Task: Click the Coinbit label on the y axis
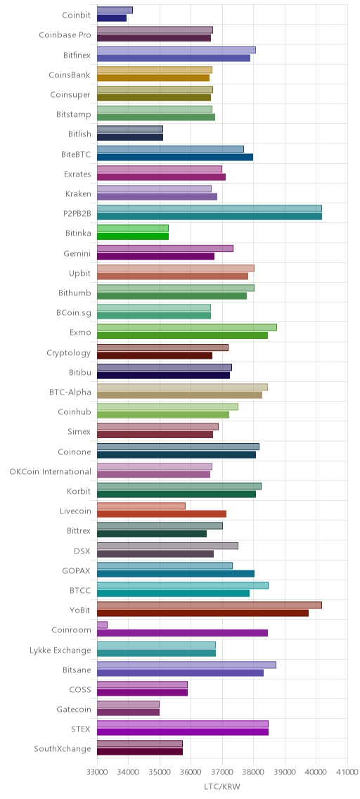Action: pyautogui.click(x=77, y=15)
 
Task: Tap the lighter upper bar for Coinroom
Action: pyautogui.click(x=102, y=625)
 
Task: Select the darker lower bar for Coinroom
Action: pyautogui.click(x=182, y=633)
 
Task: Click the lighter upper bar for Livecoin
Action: pyautogui.click(x=141, y=506)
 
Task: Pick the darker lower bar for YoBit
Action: pyautogui.click(x=202, y=613)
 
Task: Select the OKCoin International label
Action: pyautogui.click(x=51, y=471)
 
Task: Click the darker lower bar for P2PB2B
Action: pyautogui.click(x=210, y=217)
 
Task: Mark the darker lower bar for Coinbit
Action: pyautogui.click(x=112, y=18)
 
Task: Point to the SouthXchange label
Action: pyautogui.click(x=63, y=749)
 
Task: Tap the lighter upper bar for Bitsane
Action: pyautogui.click(x=186, y=665)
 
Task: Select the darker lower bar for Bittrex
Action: pyautogui.click(x=152, y=534)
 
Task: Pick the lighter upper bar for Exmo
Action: pyautogui.click(x=187, y=327)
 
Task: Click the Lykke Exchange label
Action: pyautogui.click(x=60, y=650)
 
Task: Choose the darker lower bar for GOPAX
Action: pyautogui.click(x=176, y=573)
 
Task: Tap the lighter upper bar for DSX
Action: pyautogui.click(x=167, y=546)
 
